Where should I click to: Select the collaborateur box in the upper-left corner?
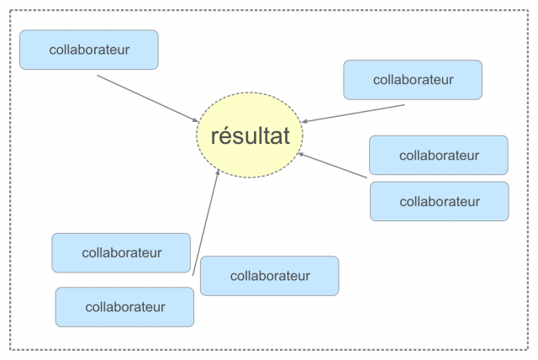pyautogui.click(x=88, y=50)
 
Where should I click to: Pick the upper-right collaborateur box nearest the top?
pyautogui.click(x=412, y=79)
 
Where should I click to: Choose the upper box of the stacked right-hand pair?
pyautogui.click(x=438, y=155)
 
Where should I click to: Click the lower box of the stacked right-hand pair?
pyautogui.click(x=439, y=201)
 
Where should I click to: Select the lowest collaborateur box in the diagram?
pyautogui.click(x=124, y=307)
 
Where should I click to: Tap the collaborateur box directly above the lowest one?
pyautogui.click(x=121, y=252)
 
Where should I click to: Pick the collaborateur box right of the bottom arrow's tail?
pyautogui.click(x=269, y=275)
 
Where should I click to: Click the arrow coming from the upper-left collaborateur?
pyautogui.click(x=147, y=98)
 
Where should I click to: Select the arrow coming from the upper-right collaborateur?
pyautogui.click(x=353, y=113)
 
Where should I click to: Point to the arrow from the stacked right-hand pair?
pyautogui.click(x=333, y=165)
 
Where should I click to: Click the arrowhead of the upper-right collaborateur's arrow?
pyautogui.click(x=304, y=121)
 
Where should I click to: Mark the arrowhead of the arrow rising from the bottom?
pyautogui.click(x=219, y=172)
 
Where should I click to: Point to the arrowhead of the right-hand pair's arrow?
pyautogui.click(x=301, y=153)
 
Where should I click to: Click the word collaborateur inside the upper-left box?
pyautogui.click(x=88, y=50)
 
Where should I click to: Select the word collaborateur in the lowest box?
pyautogui.click(x=124, y=307)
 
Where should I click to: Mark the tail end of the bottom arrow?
pyautogui.click(x=193, y=274)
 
